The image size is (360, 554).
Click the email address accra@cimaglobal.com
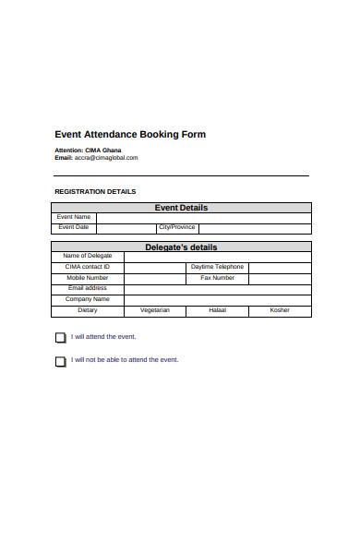click(106, 157)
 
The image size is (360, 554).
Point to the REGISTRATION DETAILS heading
click(95, 191)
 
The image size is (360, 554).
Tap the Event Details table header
click(181, 208)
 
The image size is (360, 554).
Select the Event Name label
click(74, 217)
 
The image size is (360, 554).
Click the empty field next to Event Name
click(203, 217)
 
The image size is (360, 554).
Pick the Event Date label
click(74, 227)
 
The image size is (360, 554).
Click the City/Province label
click(176, 227)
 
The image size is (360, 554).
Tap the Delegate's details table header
click(181, 247)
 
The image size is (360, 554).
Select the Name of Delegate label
click(87, 256)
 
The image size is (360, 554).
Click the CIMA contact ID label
click(87, 267)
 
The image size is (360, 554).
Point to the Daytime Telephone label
click(217, 267)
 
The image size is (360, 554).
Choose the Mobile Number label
click(87, 278)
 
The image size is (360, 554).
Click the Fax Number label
click(217, 278)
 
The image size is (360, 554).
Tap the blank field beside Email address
click(217, 288)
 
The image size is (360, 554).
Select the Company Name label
click(87, 299)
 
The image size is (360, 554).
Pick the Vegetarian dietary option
click(154, 310)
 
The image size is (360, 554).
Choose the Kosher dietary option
click(280, 310)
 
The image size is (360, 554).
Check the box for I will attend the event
click(61, 338)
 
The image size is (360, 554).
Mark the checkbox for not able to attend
click(61, 361)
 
